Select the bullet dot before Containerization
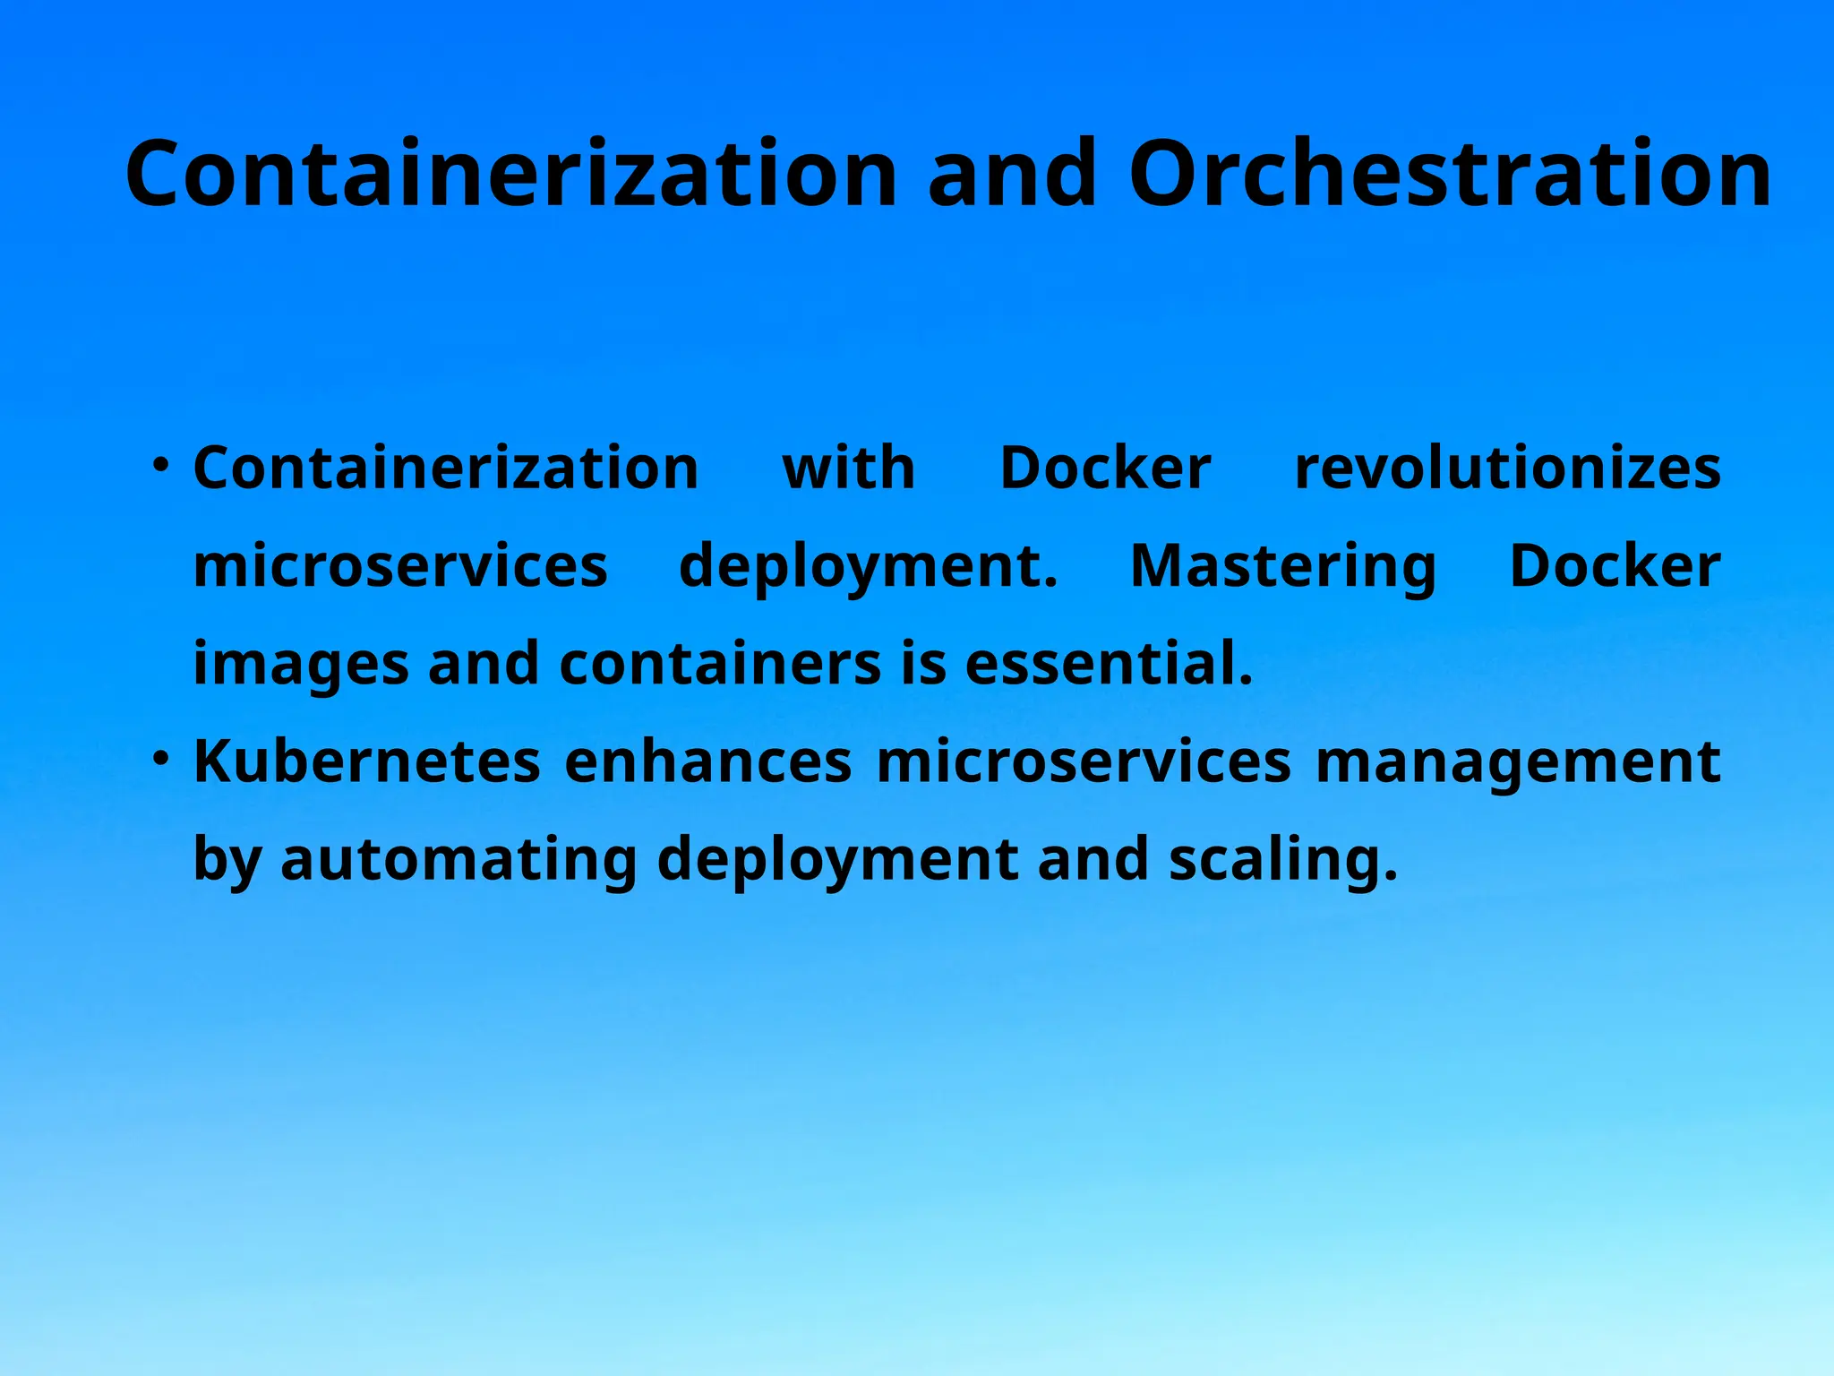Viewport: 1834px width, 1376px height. (x=160, y=465)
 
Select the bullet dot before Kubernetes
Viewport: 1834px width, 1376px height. (x=160, y=759)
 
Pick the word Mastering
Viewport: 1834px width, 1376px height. (x=1283, y=566)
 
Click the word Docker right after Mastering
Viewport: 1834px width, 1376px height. (x=1615, y=566)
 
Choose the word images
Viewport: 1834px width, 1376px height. (x=301, y=665)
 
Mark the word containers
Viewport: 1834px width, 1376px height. (x=720, y=664)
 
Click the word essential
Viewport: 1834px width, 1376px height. (x=1109, y=664)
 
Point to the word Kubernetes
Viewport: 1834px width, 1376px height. (x=367, y=761)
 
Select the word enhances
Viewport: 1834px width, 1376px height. (x=708, y=761)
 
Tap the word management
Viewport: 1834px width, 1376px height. (x=1518, y=763)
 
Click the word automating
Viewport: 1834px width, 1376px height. (x=458, y=860)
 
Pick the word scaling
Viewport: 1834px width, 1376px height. (x=1282, y=860)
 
